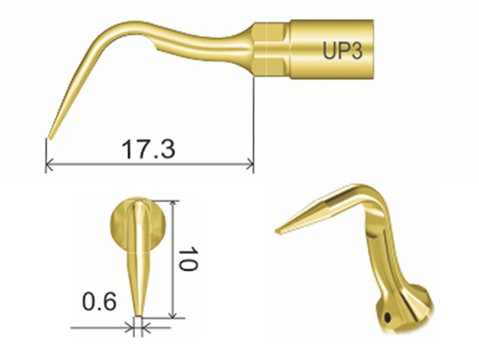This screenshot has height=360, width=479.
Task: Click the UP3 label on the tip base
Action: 342,51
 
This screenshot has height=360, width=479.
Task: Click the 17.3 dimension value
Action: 148,149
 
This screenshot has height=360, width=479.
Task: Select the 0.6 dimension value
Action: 100,302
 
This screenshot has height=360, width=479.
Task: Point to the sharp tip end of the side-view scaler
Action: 50,138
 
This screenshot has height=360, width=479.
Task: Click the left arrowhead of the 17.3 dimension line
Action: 49,165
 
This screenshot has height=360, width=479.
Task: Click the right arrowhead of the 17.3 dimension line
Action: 250,165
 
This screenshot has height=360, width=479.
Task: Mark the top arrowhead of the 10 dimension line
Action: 174,204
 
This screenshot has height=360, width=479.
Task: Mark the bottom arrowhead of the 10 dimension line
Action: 174,315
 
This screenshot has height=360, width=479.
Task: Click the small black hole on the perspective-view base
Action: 388,318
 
